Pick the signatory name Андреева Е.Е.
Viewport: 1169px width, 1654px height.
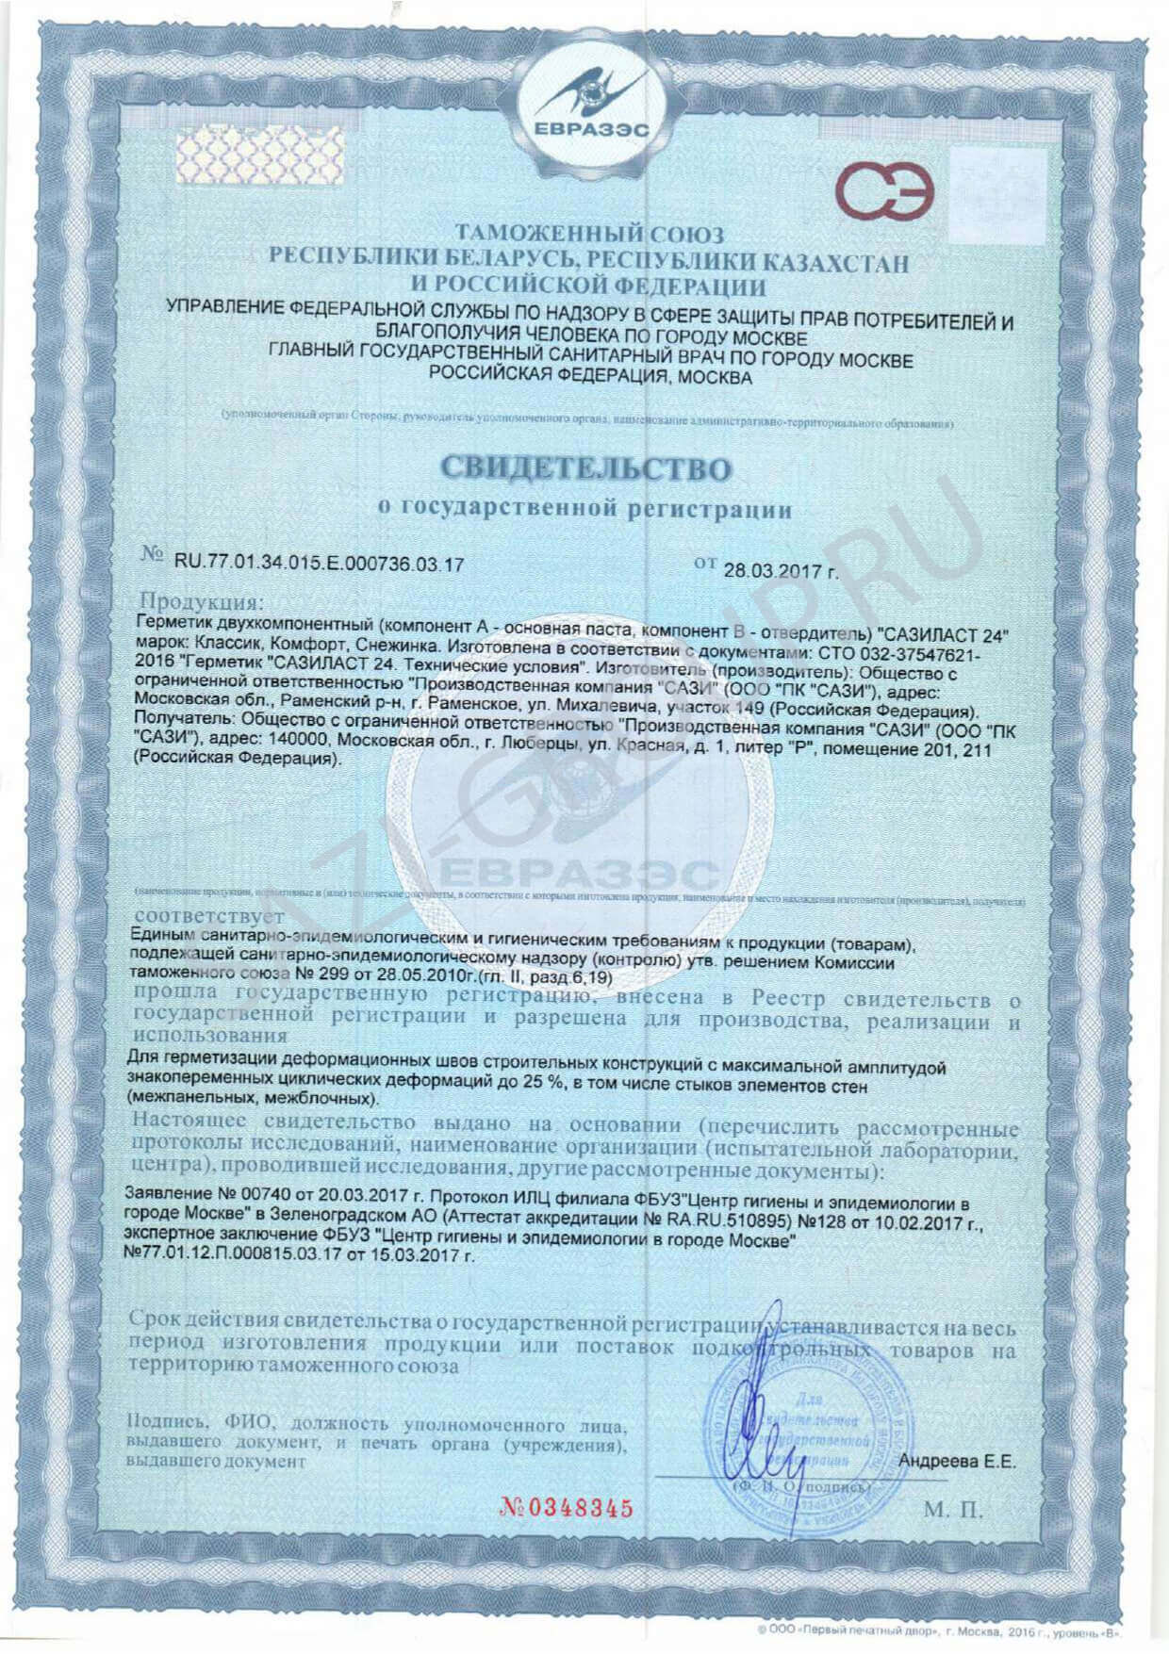[957, 1462]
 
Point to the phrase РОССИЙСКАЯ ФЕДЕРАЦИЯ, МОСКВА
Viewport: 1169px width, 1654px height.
[591, 378]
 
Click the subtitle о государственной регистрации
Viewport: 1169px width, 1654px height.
[584, 510]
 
